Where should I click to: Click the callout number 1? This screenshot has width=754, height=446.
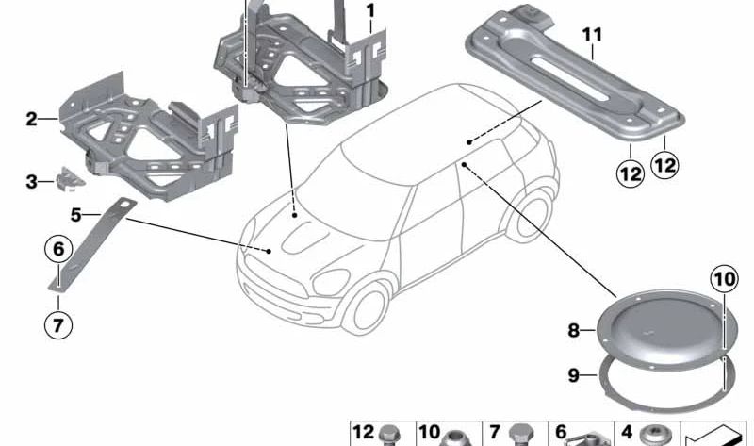[369, 10]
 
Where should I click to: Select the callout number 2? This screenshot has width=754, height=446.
[31, 119]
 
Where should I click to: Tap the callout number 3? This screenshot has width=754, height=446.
[31, 182]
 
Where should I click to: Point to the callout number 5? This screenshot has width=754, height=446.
[75, 215]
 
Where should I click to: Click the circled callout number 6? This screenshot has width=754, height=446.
[58, 249]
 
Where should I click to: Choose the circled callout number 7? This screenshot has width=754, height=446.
[58, 324]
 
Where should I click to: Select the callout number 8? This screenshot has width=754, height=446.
[573, 331]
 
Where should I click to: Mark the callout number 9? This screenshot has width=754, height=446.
[573, 374]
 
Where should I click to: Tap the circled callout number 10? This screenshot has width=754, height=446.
[725, 279]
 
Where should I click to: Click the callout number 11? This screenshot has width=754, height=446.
[592, 35]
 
